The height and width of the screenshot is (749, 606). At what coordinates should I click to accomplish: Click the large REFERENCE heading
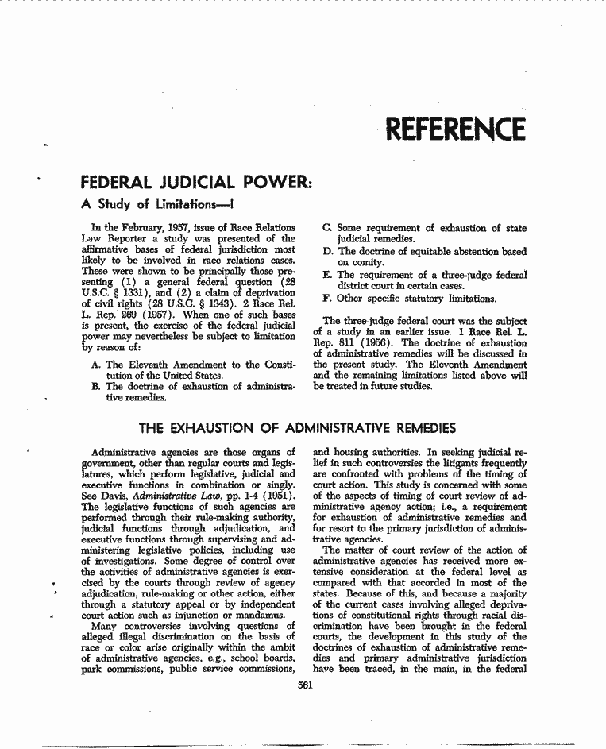(454, 129)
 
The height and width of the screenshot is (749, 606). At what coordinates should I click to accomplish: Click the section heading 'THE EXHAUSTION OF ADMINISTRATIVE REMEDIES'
(303, 429)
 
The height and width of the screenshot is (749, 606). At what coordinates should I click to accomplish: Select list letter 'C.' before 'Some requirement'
(328, 229)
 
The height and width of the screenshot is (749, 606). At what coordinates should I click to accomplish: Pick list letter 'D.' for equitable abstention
(328, 252)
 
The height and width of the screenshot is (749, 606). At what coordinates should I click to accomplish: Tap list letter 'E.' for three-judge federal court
(328, 275)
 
